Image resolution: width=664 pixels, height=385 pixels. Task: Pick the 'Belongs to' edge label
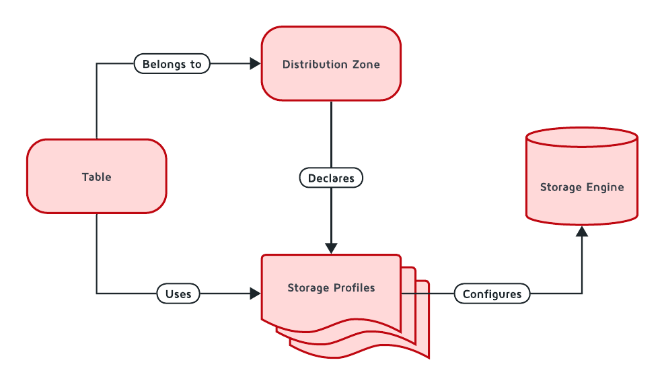[172, 64]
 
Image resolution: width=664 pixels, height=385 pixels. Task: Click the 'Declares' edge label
[331, 178]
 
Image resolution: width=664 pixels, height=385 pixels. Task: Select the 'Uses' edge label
[178, 293]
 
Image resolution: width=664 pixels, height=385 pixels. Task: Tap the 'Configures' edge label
[492, 293]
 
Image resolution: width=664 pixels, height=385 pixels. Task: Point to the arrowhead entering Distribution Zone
[255, 64]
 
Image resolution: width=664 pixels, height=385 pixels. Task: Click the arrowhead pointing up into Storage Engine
[582, 231]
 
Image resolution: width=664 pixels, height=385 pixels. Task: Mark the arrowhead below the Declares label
[331, 248]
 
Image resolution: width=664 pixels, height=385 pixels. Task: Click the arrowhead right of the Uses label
[255, 293]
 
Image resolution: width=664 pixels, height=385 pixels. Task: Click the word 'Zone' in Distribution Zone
[366, 65]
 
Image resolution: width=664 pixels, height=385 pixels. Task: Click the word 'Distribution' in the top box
[316, 65]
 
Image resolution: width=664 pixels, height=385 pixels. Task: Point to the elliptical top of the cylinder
[581, 137]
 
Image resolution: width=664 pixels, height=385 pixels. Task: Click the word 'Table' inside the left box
[96, 177]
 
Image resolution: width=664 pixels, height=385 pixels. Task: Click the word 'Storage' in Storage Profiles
[307, 287]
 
